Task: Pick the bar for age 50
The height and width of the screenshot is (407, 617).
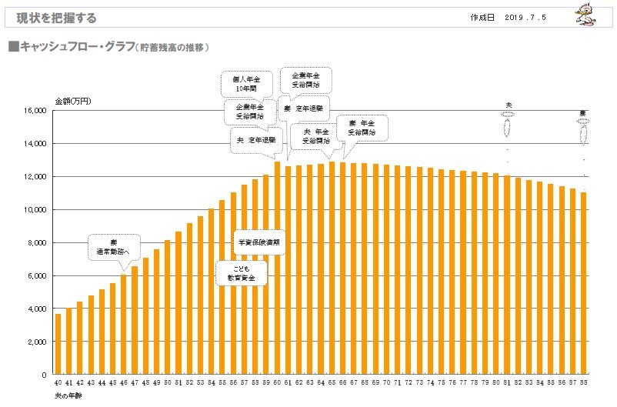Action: (168, 307)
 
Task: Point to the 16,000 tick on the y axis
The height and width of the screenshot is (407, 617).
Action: (36, 111)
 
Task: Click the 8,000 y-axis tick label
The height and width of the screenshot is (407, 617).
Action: (38, 242)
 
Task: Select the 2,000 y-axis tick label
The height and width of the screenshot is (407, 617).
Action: (38, 342)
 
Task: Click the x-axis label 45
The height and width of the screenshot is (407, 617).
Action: (112, 382)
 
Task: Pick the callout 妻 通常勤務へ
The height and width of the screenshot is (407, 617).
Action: (114, 245)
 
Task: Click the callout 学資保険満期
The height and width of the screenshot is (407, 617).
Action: (260, 242)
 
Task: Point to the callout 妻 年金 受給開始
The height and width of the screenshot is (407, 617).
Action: (362, 127)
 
